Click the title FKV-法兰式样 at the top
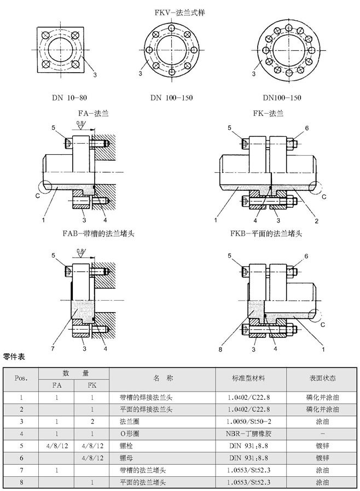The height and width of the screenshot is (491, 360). pyautogui.click(x=180, y=11)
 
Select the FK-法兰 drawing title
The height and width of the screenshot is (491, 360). pyautogui.click(x=268, y=114)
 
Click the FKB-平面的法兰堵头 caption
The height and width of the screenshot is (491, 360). pyautogui.click(x=266, y=233)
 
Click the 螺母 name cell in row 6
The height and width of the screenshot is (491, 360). pyautogui.click(x=126, y=458)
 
